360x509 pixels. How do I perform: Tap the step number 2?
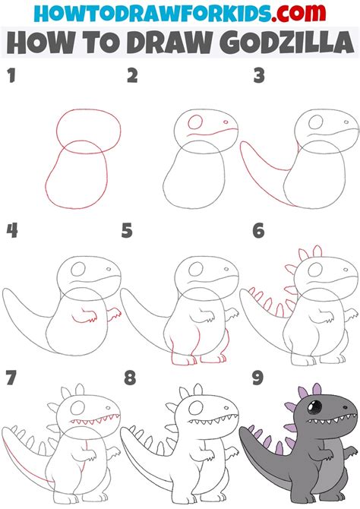(x=133, y=75)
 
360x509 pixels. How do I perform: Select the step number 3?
(x=259, y=75)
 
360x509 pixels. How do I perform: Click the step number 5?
(x=127, y=230)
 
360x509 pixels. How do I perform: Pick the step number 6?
(x=259, y=230)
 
